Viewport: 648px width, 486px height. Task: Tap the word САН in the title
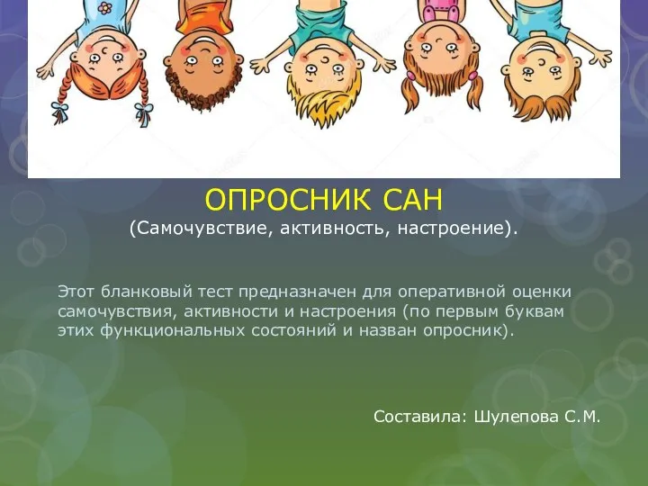(x=411, y=200)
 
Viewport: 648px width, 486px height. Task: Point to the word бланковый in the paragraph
(x=147, y=292)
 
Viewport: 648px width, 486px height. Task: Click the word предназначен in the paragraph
(x=298, y=292)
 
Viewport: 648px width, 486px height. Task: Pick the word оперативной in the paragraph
(x=452, y=292)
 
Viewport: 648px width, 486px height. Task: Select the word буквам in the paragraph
(x=535, y=310)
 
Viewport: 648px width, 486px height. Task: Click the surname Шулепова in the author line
(x=517, y=417)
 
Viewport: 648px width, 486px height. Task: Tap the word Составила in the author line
(x=418, y=417)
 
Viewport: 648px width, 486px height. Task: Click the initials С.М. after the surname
(x=582, y=417)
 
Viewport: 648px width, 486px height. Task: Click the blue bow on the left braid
(x=60, y=111)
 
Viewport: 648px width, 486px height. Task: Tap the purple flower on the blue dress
(x=105, y=7)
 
